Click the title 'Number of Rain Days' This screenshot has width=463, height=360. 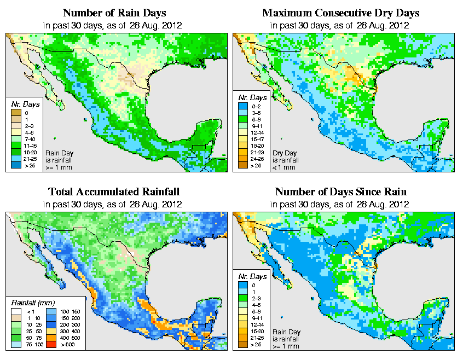point(114,13)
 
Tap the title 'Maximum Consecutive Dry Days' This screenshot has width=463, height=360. point(341,13)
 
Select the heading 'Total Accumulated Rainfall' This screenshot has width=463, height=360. point(114,192)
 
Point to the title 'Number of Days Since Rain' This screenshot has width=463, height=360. point(341,192)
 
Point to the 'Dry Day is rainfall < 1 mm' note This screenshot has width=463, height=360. point(284,160)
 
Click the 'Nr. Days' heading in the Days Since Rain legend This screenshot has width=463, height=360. point(254,276)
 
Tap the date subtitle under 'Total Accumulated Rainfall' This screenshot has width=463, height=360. point(114,204)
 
